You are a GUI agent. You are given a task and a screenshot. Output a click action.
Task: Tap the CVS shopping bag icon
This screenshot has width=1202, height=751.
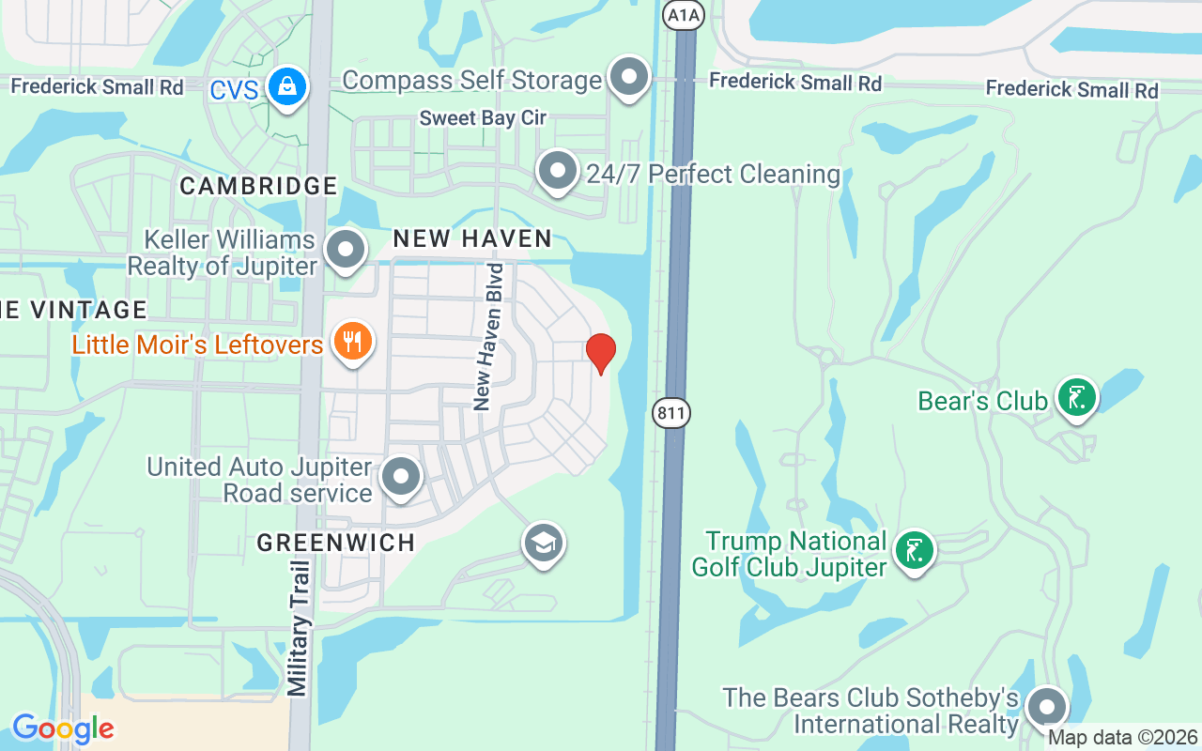(x=286, y=86)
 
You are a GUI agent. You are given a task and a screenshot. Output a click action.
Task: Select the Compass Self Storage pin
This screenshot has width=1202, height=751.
(x=628, y=77)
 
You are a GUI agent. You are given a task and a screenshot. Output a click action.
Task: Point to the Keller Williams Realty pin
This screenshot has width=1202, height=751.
(x=346, y=250)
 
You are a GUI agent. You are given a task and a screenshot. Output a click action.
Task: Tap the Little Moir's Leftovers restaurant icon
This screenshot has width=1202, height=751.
(x=352, y=342)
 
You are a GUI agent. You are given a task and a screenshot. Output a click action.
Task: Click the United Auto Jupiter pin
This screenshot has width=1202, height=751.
(x=402, y=477)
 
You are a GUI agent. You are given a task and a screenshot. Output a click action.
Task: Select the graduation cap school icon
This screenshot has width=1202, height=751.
(x=543, y=543)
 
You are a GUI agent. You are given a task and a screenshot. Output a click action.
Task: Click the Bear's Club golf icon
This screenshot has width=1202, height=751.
(x=1076, y=398)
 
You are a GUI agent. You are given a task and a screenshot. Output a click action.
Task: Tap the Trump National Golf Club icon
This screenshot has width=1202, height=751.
(x=914, y=550)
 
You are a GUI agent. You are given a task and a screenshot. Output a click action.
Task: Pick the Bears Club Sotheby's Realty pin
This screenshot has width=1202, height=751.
(x=1046, y=707)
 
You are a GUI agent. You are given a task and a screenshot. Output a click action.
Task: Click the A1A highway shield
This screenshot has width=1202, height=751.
(x=683, y=14)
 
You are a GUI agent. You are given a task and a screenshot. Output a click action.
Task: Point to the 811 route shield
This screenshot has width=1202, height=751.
(x=672, y=412)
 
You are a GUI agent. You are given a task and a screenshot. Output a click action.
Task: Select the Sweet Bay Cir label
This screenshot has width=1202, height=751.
(x=483, y=118)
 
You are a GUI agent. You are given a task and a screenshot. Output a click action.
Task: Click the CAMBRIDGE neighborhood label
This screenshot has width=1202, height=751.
(x=258, y=186)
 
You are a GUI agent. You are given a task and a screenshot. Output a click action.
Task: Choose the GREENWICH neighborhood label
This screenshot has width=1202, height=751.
(x=336, y=543)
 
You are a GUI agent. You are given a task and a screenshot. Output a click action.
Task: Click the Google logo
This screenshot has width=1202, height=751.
(x=63, y=728)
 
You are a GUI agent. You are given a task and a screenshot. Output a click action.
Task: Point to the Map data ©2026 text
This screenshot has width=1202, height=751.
(x=1123, y=738)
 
